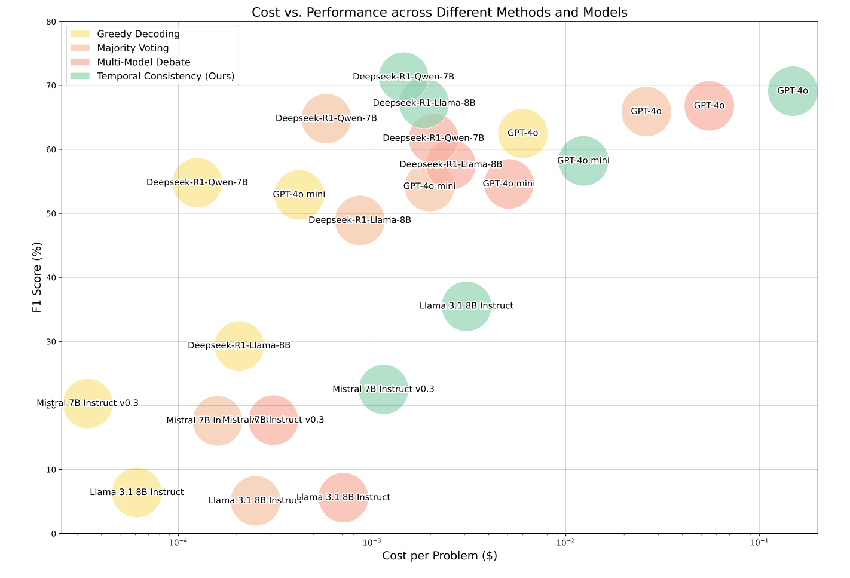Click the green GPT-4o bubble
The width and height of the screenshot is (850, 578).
point(793,91)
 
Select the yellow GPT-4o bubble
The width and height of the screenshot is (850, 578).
point(523,133)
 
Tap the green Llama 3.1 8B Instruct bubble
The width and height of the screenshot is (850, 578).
point(467,306)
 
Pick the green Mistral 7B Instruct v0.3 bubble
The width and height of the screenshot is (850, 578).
point(384,389)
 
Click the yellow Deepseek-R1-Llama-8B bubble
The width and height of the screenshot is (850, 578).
point(239,345)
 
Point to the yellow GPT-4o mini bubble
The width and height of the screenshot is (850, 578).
point(299,194)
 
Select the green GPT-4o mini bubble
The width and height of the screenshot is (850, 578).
point(583,161)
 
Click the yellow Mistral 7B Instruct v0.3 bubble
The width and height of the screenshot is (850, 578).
point(88,403)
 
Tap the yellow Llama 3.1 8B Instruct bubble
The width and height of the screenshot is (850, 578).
point(137,492)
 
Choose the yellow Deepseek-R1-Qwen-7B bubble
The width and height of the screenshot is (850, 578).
point(197,182)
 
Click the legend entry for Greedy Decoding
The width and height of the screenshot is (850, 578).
point(138,34)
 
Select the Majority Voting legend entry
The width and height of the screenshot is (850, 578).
point(133,48)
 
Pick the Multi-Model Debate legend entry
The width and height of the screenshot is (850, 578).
point(143,62)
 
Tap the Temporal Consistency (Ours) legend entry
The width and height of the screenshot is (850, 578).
point(166,76)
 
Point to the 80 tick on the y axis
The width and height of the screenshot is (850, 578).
point(51,22)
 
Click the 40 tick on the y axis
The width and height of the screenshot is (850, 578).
point(51,277)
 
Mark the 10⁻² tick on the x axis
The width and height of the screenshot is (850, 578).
point(565,542)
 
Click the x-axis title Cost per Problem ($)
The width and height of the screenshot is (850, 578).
point(439,556)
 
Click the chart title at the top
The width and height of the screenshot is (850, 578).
point(439,12)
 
